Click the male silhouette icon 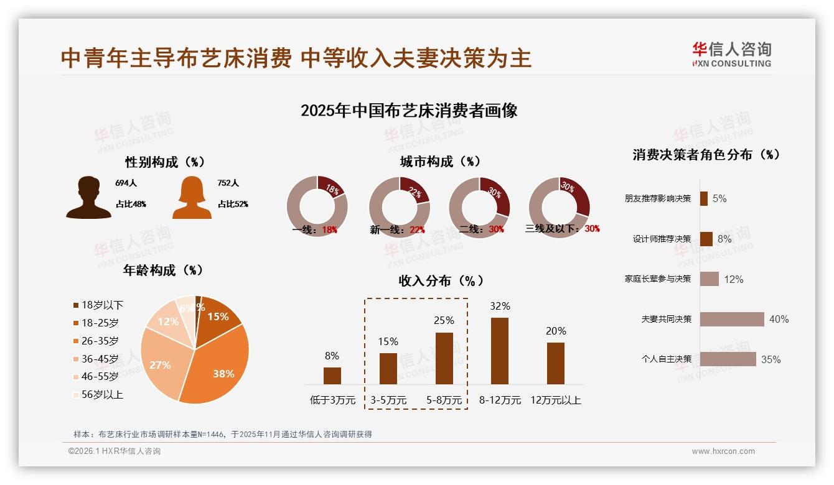88,198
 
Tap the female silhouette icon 192,198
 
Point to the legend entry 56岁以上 98,394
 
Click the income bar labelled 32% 500,351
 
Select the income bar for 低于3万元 332,376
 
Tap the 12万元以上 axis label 556,400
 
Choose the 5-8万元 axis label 444,400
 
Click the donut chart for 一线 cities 317,206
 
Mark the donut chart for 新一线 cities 399,206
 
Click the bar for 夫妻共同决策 732,319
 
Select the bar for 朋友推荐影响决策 704,198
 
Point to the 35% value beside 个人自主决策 771,359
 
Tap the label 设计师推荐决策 662,239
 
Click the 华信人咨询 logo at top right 731,54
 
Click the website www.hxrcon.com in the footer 723,451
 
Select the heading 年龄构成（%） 163,270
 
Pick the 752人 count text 228,183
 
